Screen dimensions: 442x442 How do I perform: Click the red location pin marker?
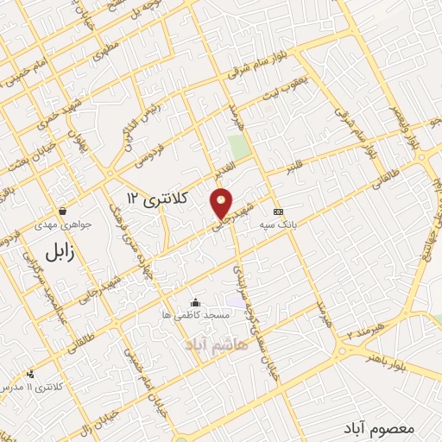(x=222, y=202)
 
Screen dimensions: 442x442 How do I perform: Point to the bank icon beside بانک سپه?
(x=278, y=212)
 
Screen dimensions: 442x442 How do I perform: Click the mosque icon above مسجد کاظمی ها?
(x=196, y=302)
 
